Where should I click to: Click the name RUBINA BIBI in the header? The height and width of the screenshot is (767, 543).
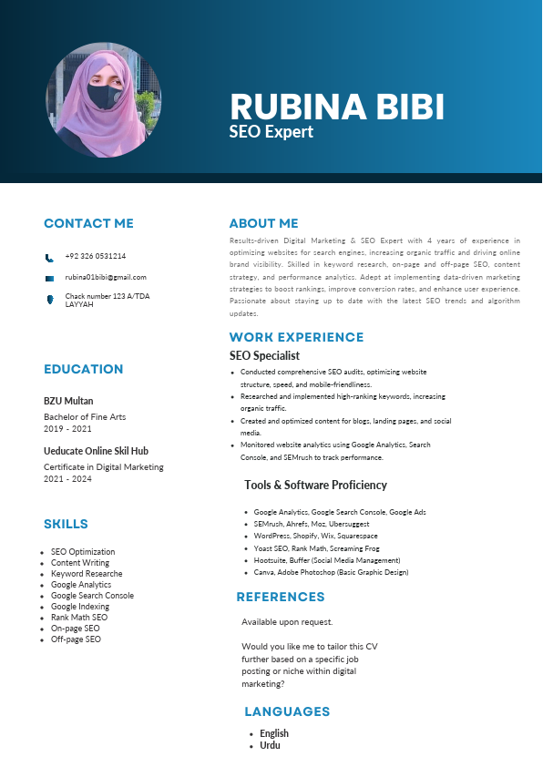pyautogui.click(x=337, y=107)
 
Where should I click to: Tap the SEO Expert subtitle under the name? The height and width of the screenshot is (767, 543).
pyautogui.click(x=271, y=132)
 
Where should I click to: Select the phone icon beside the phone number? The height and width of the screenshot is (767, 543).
pyautogui.click(x=49, y=258)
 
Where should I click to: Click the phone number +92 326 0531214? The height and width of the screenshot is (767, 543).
pyautogui.click(x=96, y=257)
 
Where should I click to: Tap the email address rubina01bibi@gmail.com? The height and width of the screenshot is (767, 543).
pyautogui.click(x=106, y=277)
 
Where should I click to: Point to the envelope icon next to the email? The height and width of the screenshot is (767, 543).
pyautogui.click(x=49, y=278)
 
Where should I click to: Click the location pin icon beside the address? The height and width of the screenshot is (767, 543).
pyautogui.click(x=49, y=300)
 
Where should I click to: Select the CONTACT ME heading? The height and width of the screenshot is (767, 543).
pyautogui.click(x=88, y=223)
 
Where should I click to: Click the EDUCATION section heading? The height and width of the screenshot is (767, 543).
pyautogui.click(x=83, y=369)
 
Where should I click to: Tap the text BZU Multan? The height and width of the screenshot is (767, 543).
pyautogui.click(x=68, y=401)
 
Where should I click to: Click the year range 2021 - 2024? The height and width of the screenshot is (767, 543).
pyautogui.click(x=67, y=478)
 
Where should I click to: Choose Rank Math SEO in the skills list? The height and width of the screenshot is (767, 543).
pyautogui.click(x=79, y=618)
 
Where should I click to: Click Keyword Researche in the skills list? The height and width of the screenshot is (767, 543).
pyautogui.click(x=87, y=574)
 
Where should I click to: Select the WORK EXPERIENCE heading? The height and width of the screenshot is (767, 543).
pyautogui.click(x=296, y=337)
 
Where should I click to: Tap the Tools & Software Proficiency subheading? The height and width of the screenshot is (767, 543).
pyautogui.click(x=315, y=485)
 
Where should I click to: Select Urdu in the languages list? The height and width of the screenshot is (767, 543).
pyautogui.click(x=270, y=745)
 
